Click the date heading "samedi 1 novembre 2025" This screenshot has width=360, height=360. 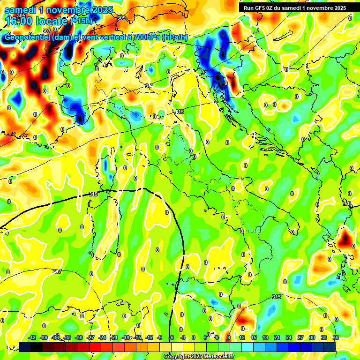tap(53, 9)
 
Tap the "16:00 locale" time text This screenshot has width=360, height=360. tap(37, 21)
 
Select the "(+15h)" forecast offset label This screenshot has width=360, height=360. tap(81, 20)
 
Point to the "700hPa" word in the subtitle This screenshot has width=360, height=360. tap(145, 37)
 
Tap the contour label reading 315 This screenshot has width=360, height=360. tap(93, 194)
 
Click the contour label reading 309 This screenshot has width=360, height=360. tap(121, 18)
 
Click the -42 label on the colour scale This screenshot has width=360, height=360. tap(32, 337)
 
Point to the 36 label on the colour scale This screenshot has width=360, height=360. tap(335, 337)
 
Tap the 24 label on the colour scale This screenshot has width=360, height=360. tap(288, 337)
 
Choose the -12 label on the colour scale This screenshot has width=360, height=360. tap(149, 337)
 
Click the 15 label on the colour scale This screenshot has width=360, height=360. tap(254, 337)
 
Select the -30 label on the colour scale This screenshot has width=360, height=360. tap(79, 337)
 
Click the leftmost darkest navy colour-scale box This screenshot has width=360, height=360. tap(25, 347)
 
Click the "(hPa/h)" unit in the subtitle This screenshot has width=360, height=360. tap(175, 37)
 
